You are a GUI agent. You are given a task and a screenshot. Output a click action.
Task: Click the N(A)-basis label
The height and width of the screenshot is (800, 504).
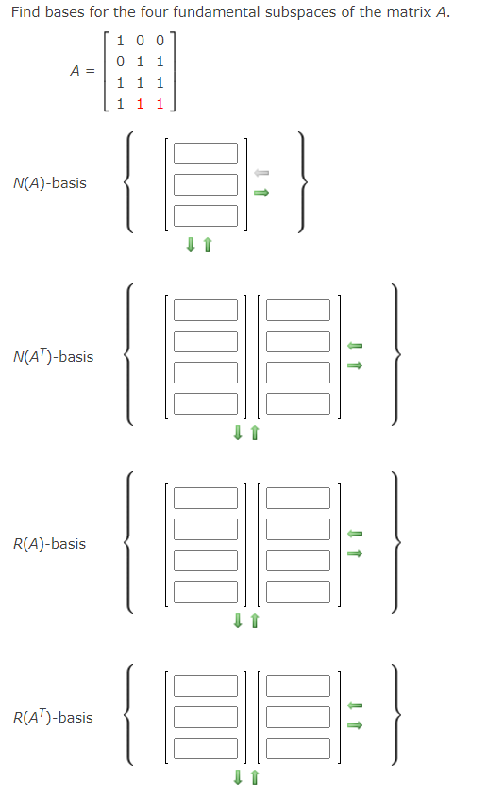pos(50,182)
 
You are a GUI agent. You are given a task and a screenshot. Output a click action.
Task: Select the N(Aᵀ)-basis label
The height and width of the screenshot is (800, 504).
pos(54,357)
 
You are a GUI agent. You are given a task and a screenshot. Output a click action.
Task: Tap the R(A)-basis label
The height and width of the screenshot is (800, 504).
pos(49,544)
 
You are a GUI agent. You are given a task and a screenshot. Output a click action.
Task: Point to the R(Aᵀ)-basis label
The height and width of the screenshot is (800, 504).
pos(53,718)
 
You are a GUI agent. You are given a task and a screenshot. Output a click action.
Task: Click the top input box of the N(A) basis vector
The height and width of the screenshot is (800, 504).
pos(205,153)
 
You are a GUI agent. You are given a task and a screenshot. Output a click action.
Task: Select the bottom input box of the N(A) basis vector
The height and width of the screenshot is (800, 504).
pos(205,215)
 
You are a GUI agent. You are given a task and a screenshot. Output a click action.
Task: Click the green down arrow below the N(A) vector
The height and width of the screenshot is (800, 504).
pos(191,246)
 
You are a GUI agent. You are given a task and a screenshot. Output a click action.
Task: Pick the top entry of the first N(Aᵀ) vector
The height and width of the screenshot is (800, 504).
pos(205,310)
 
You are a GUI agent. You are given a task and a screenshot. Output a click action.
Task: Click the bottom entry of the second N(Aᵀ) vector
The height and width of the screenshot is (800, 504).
pos(298,403)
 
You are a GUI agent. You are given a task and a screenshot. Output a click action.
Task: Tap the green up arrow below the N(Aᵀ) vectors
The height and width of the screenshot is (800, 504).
pos(254,434)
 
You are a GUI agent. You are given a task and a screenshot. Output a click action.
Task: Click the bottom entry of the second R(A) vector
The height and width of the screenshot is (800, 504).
pos(298,591)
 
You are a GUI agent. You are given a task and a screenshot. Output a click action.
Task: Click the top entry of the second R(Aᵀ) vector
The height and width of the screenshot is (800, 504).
pos(298,687)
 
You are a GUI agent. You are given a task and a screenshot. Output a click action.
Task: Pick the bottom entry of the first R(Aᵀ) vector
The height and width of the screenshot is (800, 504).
pos(205,749)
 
